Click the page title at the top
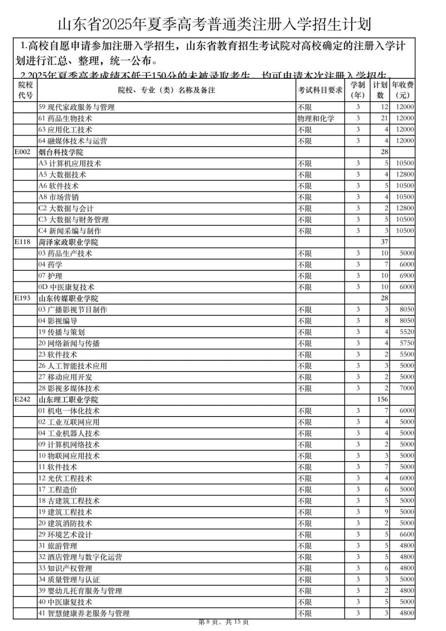pos(214,24)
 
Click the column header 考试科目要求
pos(320,90)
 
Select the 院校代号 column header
pos(25,90)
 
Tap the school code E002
pos(23,152)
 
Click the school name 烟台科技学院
pos(61,152)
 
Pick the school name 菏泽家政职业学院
pos(68,242)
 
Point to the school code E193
pos(23,298)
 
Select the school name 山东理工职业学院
pos(68,400)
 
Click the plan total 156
pos(382,399)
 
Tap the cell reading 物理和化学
pos(316,119)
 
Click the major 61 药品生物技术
pos(65,119)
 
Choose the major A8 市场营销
pos(58,197)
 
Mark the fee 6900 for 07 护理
pos(406,276)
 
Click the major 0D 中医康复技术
pos(66,287)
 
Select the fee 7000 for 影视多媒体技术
pos(406,388)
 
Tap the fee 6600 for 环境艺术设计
pos(406,534)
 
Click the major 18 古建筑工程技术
pos(69,501)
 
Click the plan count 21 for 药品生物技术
pos(384,118)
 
